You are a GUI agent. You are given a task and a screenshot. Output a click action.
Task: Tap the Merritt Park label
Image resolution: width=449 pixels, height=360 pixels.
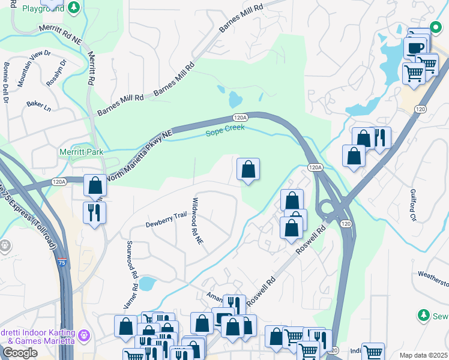(81, 152)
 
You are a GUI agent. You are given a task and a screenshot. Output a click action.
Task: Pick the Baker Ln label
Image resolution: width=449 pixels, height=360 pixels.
(39, 106)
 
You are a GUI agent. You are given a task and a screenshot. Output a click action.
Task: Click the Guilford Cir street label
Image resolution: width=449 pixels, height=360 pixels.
(412, 205)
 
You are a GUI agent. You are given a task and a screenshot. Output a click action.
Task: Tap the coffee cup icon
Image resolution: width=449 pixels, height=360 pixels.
(415, 47)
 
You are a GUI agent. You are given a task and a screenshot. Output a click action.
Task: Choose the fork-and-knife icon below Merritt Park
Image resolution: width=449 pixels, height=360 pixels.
(95, 212)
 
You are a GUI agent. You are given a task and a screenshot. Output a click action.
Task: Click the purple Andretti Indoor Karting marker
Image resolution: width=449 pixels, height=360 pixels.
(85, 334)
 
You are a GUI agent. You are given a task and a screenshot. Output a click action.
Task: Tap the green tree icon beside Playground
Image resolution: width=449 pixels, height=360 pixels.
(73, 8)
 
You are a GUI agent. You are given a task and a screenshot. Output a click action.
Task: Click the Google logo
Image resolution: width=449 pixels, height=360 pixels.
(20, 353)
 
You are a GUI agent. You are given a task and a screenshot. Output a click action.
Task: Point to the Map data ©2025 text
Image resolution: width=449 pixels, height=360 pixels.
(423, 355)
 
